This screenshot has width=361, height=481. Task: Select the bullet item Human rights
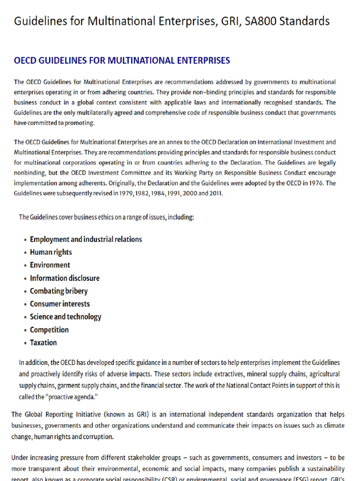51,252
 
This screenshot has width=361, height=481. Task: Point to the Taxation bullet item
43,342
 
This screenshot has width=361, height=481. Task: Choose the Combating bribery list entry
59,291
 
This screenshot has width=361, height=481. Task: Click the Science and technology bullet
65,317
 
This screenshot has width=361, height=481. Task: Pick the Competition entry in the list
49,330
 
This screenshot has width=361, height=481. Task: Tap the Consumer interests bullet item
60,304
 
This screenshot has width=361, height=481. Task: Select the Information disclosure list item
65,278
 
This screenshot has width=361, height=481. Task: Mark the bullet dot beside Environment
24,265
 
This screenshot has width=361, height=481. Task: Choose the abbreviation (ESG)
302,479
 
